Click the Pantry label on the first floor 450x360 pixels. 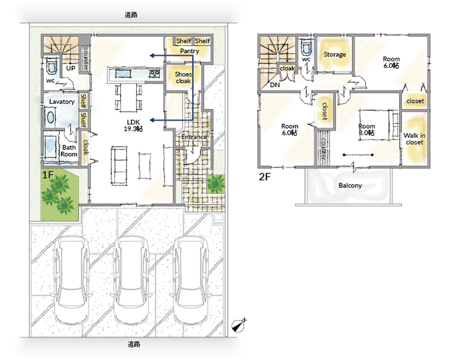point(189,51)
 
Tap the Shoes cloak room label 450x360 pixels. point(184,77)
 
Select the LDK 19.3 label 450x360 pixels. point(133,126)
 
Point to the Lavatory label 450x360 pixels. point(62,102)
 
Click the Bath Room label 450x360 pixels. point(69,151)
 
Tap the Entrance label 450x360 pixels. point(194,137)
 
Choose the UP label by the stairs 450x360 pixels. point(71,68)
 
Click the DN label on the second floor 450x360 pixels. point(274,85)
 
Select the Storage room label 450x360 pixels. point(335,54)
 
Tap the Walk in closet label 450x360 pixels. point(414,139)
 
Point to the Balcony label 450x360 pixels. point(350,185)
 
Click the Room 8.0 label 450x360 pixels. point(366,130)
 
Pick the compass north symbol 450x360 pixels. point(239,325)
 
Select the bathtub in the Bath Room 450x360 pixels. point(50,147)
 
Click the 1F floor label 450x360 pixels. point(48,175)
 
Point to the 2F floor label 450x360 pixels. point(265,177)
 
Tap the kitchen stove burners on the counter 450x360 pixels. point(154,74)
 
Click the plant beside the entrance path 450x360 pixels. point(216,184)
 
